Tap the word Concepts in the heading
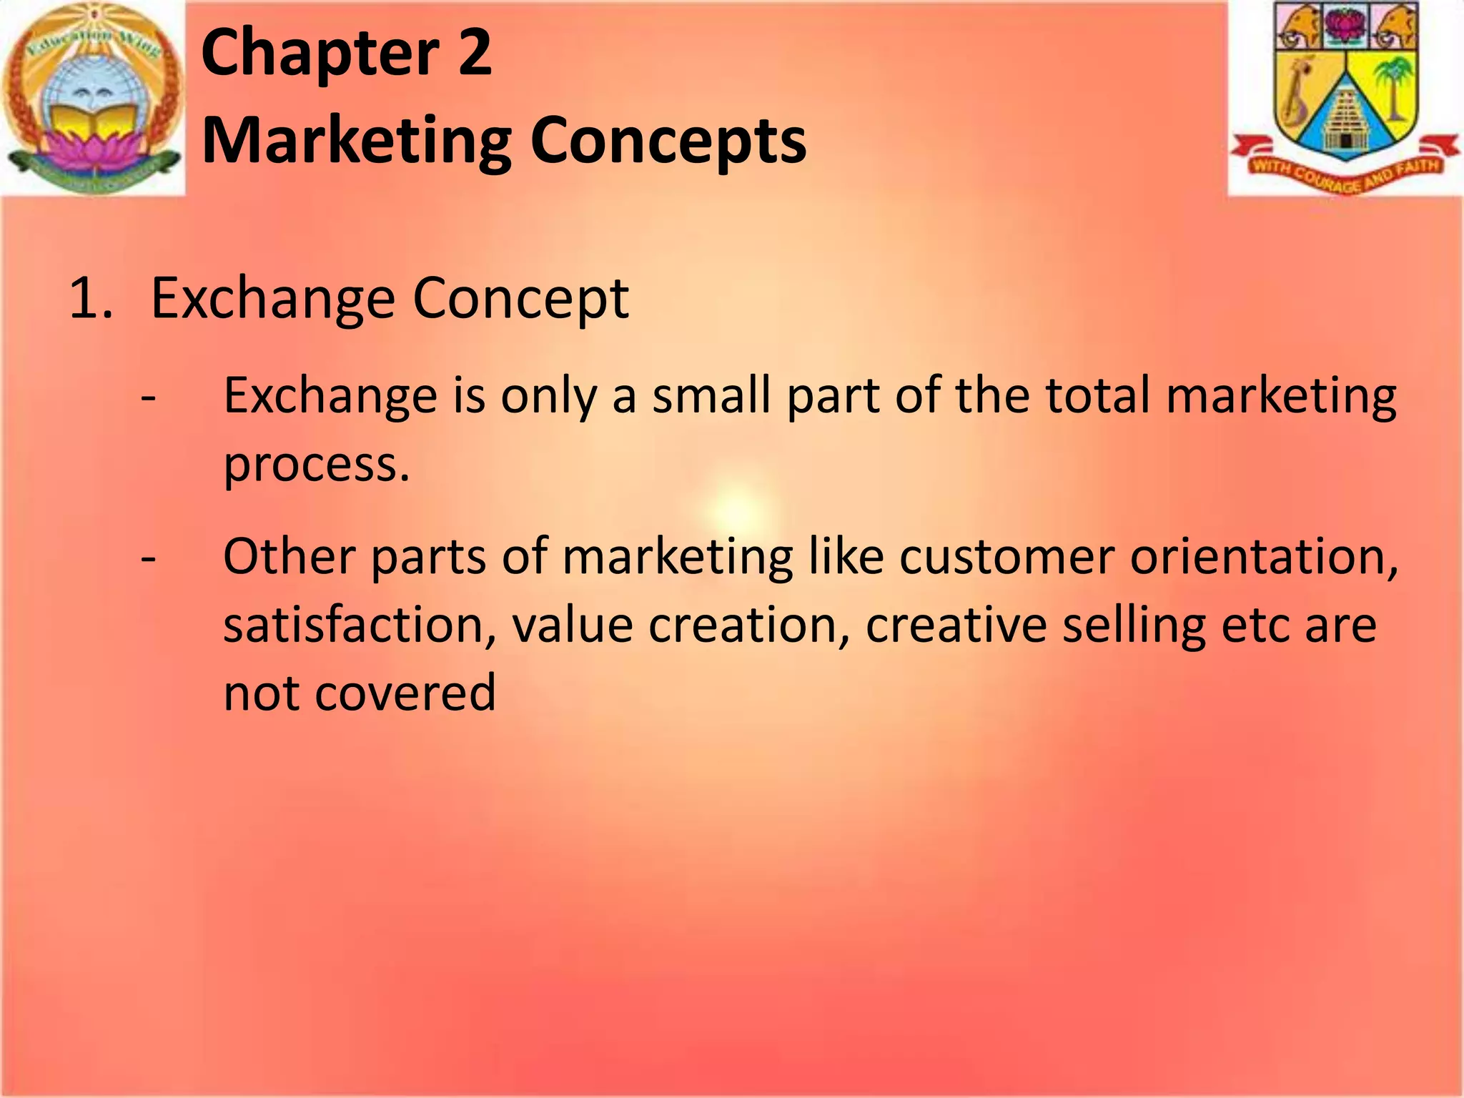click(x=668, y=141)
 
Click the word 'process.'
click(x=317, y=466)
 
